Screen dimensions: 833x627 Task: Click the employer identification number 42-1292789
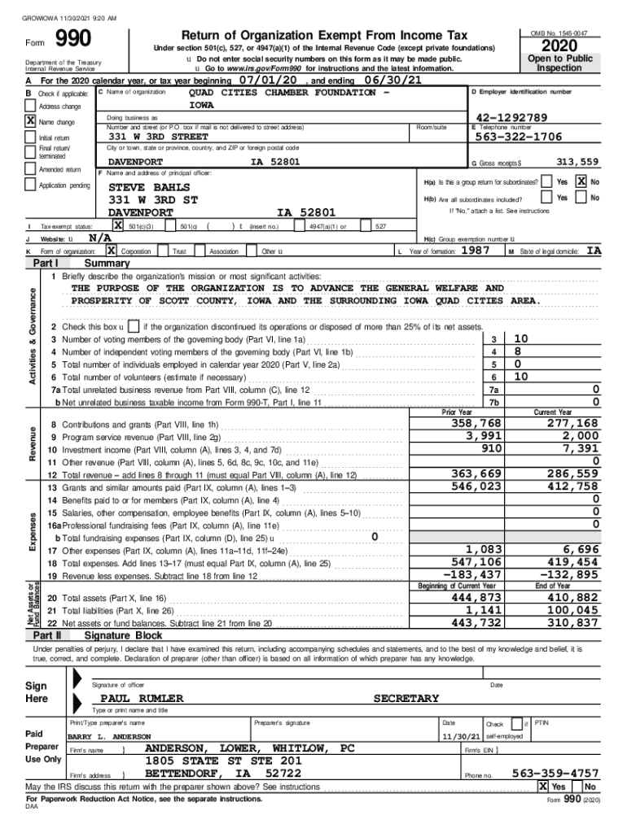click(x=512, y=118)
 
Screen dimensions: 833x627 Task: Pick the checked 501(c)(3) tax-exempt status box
click(x=118, y=225)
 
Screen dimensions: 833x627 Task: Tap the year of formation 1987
click(x=475, y=251)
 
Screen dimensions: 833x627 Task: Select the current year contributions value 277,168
click(x=572, y=424)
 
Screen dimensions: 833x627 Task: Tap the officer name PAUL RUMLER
click(x=142, y=699)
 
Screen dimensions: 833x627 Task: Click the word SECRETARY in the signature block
click(x=406, y=699)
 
